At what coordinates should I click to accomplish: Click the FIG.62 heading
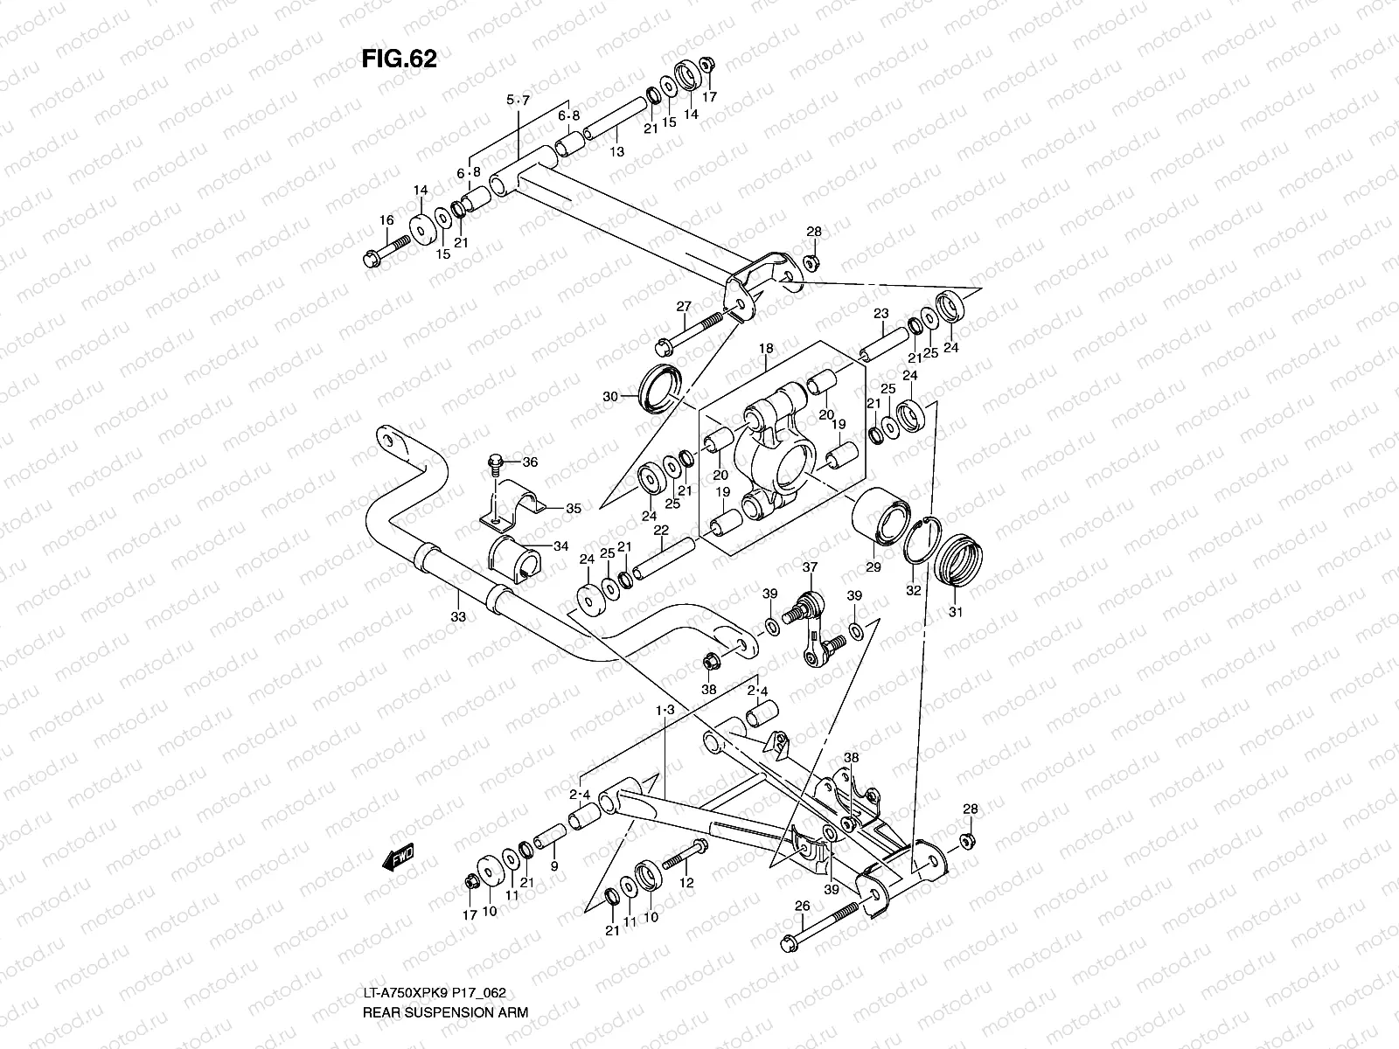[399, 58]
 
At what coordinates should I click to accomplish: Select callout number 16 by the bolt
[386, 222]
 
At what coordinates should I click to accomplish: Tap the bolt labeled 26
[822, 927]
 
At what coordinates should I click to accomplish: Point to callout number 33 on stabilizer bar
[458, 617]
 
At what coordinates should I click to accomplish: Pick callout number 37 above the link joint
[810, 568]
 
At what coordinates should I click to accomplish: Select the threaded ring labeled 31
[958, 560]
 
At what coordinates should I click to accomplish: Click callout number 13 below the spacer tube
[617, 152]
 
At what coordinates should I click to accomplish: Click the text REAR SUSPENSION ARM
[445, 1014]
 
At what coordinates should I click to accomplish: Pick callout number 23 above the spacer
[880, 314]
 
